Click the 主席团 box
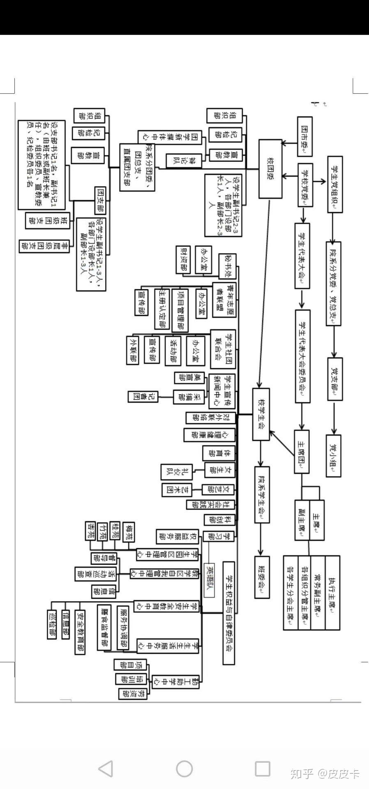point(302,452)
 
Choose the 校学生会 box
point(261,414)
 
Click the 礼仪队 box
point(168,471)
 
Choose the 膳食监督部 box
point(104,627)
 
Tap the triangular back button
point(106,768)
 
